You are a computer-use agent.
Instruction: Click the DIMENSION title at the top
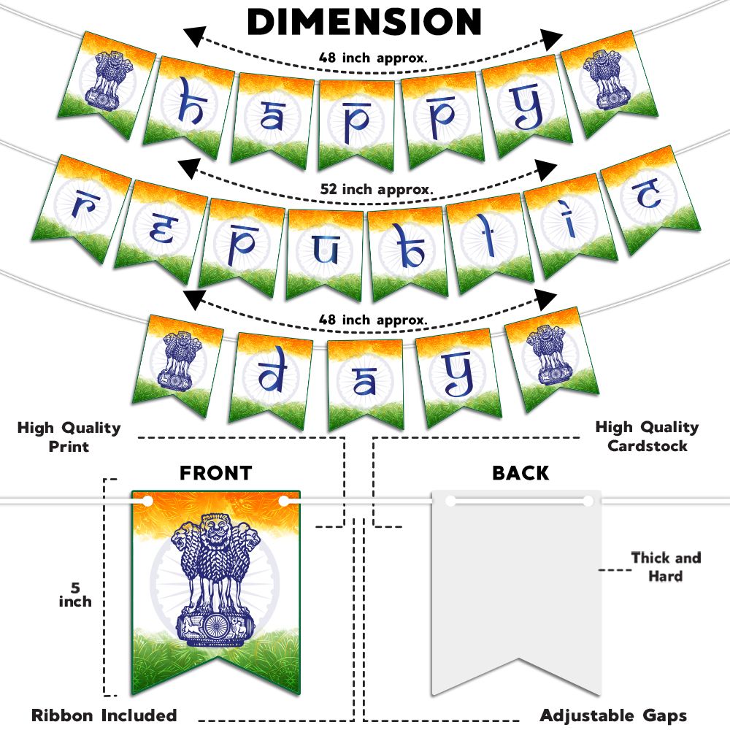365,22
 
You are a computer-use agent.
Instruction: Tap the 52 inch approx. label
377,189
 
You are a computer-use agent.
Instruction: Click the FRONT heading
215,473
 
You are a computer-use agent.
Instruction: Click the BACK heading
520,473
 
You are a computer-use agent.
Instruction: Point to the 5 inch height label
75,594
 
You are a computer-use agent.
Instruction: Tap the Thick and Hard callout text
665,566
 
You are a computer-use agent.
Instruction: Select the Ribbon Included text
104,715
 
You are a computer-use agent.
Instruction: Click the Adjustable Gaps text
613,715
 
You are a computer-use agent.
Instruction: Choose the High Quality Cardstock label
647,436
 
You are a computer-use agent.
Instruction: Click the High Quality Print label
69,436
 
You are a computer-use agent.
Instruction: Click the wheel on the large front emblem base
215,627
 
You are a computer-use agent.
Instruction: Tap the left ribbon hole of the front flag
148,501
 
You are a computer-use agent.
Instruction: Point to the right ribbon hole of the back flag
588,501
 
